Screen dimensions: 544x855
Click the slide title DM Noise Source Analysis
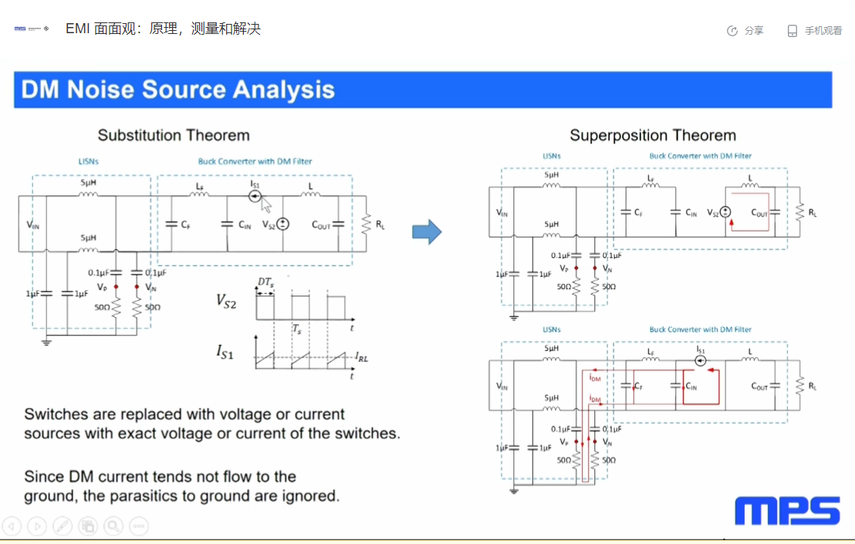[178, 90]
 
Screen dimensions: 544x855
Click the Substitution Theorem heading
[174, 135]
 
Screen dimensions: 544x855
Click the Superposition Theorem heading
[653, 135]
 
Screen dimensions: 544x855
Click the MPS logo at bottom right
[787, 511]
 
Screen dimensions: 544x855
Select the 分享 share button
[745, 31]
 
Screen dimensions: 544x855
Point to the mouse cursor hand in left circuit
[266, 205]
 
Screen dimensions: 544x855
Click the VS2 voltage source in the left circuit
[282, 225]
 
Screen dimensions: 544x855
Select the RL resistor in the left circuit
[366, 225]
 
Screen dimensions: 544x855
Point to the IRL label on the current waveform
[361, 357]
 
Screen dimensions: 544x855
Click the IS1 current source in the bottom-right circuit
[701, 360]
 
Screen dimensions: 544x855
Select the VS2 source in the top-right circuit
[726, 212]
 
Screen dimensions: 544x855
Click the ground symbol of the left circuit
[47, 340]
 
